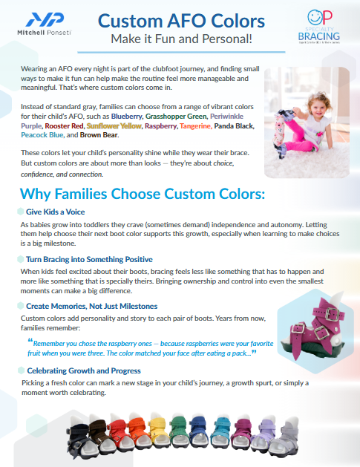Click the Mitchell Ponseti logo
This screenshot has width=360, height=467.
[x=45, y=24]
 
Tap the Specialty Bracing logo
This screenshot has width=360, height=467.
[x=319, y=27]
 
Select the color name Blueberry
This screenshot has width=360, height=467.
[x=126, y=116]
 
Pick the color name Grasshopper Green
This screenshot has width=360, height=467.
[x=176, y=116]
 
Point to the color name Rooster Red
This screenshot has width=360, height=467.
[x=65, y=126]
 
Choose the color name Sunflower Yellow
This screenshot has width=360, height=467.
[x=114, y=126]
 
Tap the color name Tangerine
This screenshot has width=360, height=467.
[x=196, y=126]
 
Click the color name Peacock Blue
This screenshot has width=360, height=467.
[x=42, y=135]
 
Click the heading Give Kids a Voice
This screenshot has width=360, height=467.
[x=56, y=212]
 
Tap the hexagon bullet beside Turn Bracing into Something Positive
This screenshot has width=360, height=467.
[x=21, y=259]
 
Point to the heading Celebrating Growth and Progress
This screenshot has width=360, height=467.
[x=84, y=370]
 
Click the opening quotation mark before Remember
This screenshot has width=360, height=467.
[x=30, y=341]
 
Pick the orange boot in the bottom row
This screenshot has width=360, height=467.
[x=138, y=432]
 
